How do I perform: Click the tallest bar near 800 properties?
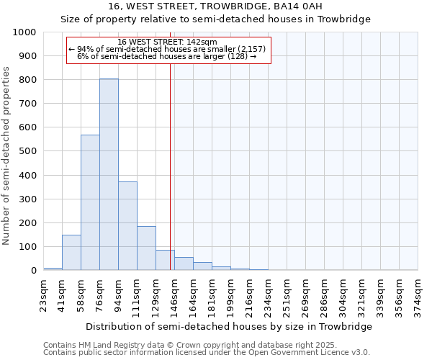109,174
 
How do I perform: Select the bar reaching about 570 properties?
90,202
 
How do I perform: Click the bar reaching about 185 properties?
146,248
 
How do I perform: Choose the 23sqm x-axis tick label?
44,294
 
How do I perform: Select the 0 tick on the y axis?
33,271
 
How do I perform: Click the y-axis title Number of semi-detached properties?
7,156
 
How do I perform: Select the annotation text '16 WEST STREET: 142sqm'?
167,42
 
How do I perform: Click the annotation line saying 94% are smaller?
167,49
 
